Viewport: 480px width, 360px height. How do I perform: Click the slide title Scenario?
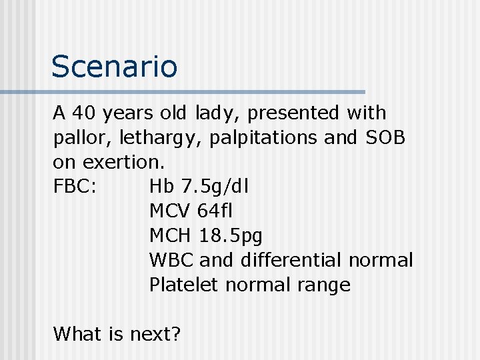(115, 67)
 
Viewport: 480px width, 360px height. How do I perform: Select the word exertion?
(116, 162)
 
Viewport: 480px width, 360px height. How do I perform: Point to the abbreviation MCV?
(171, 211)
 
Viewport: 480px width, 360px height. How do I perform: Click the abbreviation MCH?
(171, 235)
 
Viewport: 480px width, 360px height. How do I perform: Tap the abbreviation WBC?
(171, 260)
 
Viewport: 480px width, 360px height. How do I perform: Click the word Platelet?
(184, 285)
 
